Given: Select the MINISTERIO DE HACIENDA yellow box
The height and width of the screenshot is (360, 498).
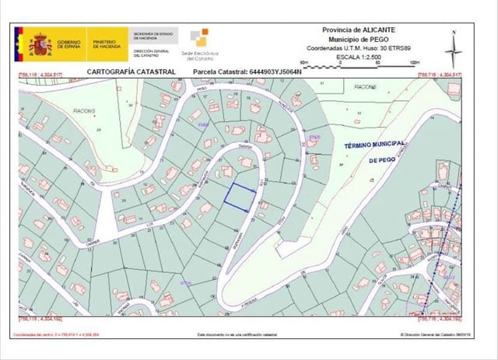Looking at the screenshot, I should pos(106,46).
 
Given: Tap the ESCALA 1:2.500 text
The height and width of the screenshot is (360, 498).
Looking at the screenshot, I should pos(359,56).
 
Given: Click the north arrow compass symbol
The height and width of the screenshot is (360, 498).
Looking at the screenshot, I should pos(453,49).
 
